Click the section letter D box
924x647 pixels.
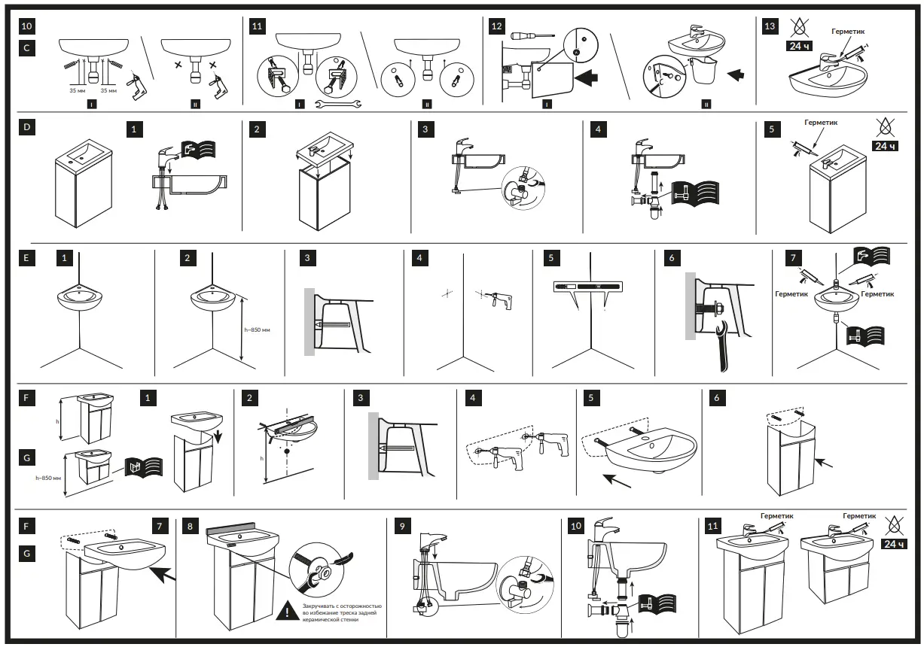27,127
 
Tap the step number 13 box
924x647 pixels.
769,26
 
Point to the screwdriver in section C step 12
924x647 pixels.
532,35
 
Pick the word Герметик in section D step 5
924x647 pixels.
820,122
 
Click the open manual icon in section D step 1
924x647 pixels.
200,150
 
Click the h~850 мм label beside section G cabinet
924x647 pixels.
48,477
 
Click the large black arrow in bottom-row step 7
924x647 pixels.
166,576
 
